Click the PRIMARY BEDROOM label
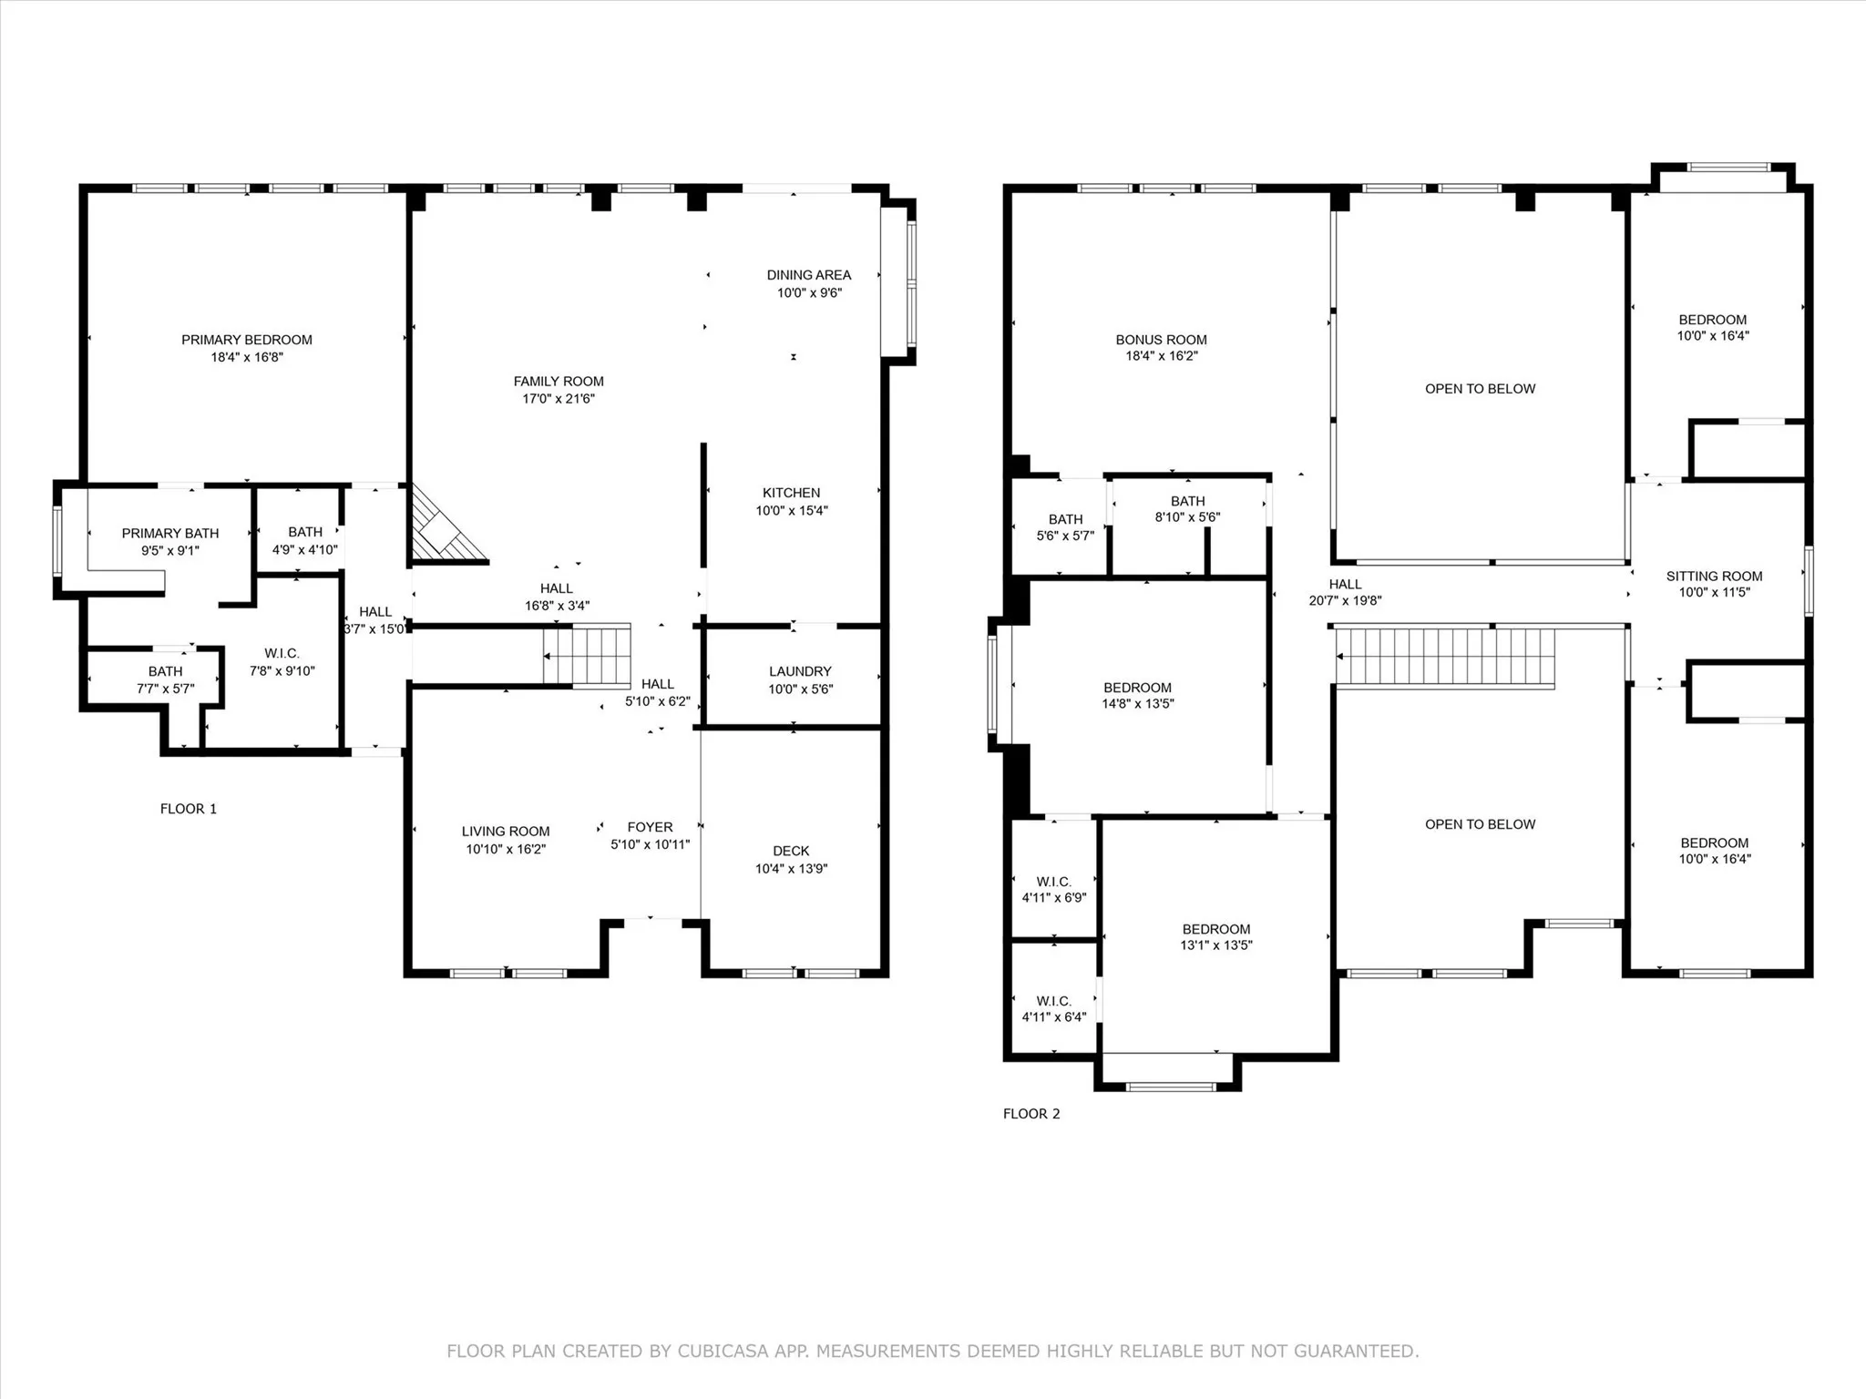(247, 340)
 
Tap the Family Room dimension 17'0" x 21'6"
(558, 399)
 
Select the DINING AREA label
(808, 275)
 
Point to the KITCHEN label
(791, 493)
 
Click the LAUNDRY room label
(799, 671)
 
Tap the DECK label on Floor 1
(790, 851)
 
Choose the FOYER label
(650, 827)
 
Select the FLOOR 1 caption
(189, 809)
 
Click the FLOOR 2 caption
(1031, 1113)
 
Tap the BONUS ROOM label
(1161, 340)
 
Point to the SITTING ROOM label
(1714, 576)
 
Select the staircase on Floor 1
(588, 656)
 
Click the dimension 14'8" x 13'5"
(1137, 703)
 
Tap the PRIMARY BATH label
(170, 533)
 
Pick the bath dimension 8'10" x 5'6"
(1187, 516)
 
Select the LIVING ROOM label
(505, 831)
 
